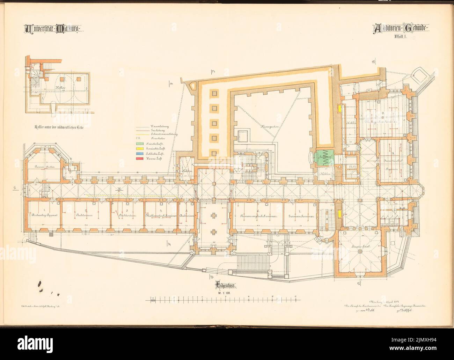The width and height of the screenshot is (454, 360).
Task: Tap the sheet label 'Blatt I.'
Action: coord(402,36)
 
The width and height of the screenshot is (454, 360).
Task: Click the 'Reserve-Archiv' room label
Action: coord(43,167)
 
